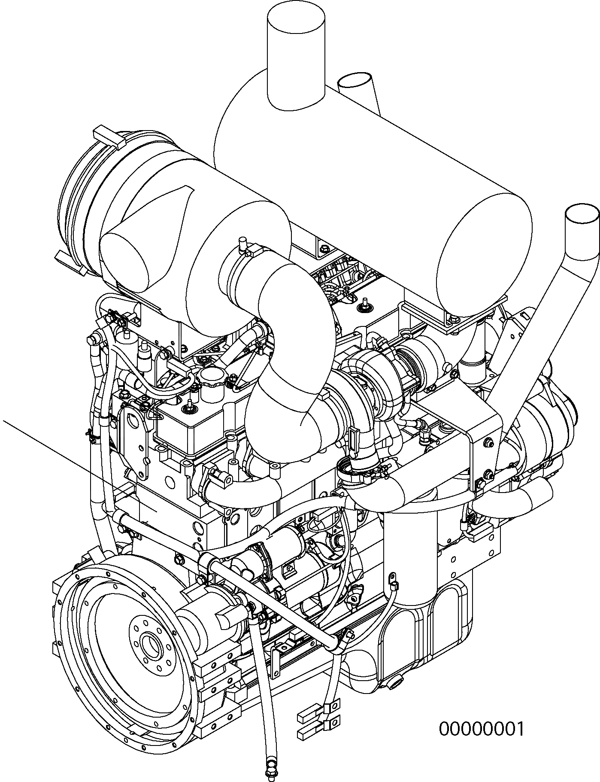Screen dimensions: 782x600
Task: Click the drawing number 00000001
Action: (x=481, y=729)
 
